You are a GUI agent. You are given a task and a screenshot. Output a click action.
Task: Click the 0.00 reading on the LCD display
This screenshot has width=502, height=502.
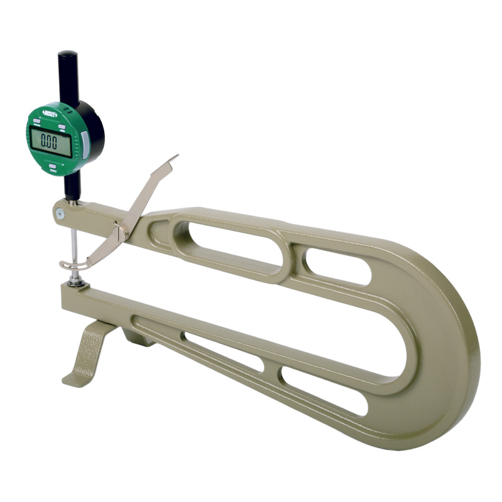pyautogui.click(x=49, y=141)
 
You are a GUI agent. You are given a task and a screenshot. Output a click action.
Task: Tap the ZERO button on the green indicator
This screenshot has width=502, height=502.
pyautogui.click(x=53, y=168)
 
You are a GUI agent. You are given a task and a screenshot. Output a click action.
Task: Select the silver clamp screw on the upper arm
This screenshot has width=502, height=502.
pyautogui.click(x=59, y=213)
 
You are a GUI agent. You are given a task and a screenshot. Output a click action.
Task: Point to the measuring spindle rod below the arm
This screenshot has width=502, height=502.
pyautogui.click(x=75, y=246)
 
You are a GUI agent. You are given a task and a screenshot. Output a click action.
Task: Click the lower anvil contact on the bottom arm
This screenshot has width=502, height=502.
pyautogui.click(x=75, y=282)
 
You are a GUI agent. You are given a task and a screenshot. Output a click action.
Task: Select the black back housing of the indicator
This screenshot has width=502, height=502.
pyautogui.click(x=94, y=132)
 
